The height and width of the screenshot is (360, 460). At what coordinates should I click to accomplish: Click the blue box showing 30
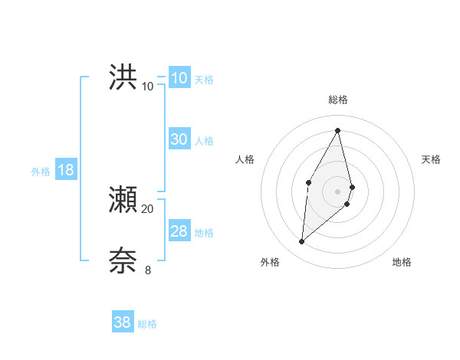179,139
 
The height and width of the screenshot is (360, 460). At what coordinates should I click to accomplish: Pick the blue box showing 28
179,231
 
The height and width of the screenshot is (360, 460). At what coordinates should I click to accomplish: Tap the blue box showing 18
66,170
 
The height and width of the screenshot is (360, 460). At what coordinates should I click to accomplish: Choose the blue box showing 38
123,322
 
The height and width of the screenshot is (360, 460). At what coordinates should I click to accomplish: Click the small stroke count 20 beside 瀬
148,209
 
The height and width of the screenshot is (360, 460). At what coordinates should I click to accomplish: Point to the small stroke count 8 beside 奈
148,270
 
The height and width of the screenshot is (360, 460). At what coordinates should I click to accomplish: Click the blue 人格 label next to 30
204,141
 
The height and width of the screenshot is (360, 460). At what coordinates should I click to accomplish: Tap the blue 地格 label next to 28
204,233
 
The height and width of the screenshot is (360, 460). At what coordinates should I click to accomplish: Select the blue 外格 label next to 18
41,172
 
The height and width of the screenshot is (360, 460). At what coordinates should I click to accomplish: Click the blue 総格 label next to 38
147,324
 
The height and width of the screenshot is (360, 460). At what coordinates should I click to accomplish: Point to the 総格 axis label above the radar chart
338,100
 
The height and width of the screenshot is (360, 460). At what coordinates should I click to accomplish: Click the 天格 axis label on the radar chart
432,159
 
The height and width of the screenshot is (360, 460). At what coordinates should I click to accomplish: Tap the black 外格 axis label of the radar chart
270,262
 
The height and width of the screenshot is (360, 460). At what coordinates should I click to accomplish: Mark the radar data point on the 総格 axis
338,129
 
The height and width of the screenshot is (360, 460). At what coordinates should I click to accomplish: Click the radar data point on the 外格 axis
302,242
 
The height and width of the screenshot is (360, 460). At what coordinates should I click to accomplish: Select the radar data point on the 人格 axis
308,182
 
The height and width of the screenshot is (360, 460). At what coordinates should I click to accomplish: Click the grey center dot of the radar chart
338,191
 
